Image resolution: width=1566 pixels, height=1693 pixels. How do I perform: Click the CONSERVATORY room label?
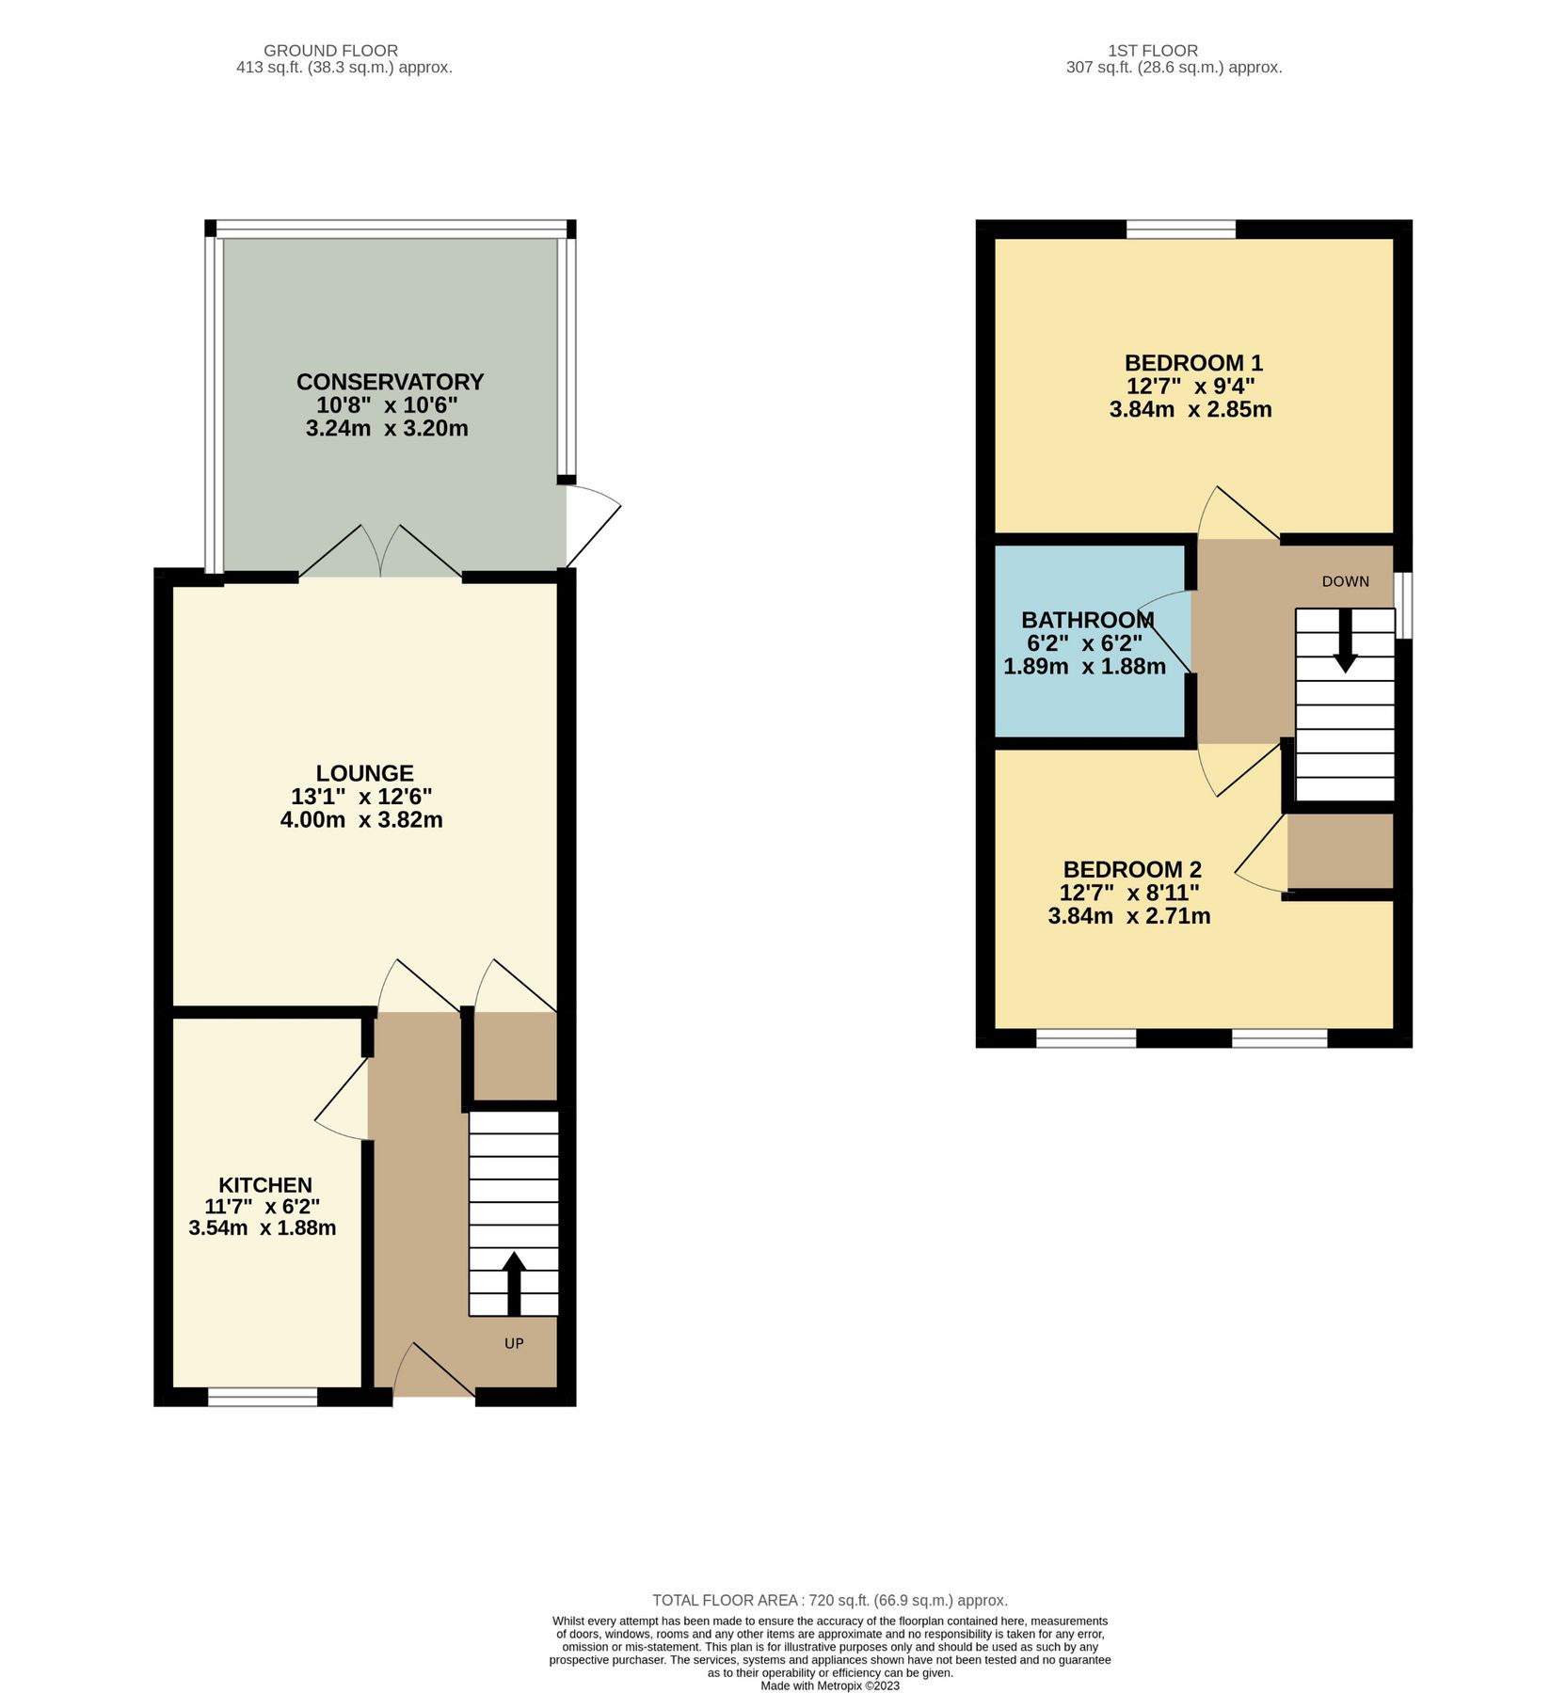390,382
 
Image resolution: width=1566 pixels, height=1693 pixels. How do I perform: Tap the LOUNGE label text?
364,773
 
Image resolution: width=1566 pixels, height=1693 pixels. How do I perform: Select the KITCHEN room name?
265,1185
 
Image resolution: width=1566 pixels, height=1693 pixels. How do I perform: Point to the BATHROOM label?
1087,620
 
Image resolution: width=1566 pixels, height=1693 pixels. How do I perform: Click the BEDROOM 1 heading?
1193,363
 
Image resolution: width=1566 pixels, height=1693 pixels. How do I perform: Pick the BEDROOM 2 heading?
1132,869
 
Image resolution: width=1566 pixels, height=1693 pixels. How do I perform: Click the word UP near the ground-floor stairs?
514,1343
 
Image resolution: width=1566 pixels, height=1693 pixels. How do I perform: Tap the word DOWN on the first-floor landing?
1345,581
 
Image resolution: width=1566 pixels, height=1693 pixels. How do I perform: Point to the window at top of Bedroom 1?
1180,229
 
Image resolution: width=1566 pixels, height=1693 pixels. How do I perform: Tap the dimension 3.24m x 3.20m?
387,429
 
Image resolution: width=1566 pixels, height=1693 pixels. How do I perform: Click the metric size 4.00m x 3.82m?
361,820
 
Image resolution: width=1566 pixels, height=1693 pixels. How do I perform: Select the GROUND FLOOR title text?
330,51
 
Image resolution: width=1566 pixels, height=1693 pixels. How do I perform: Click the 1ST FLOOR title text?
1153,51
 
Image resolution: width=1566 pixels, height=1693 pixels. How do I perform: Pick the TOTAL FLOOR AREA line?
829,1600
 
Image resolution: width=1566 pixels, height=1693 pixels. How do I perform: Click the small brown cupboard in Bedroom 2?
1339,851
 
